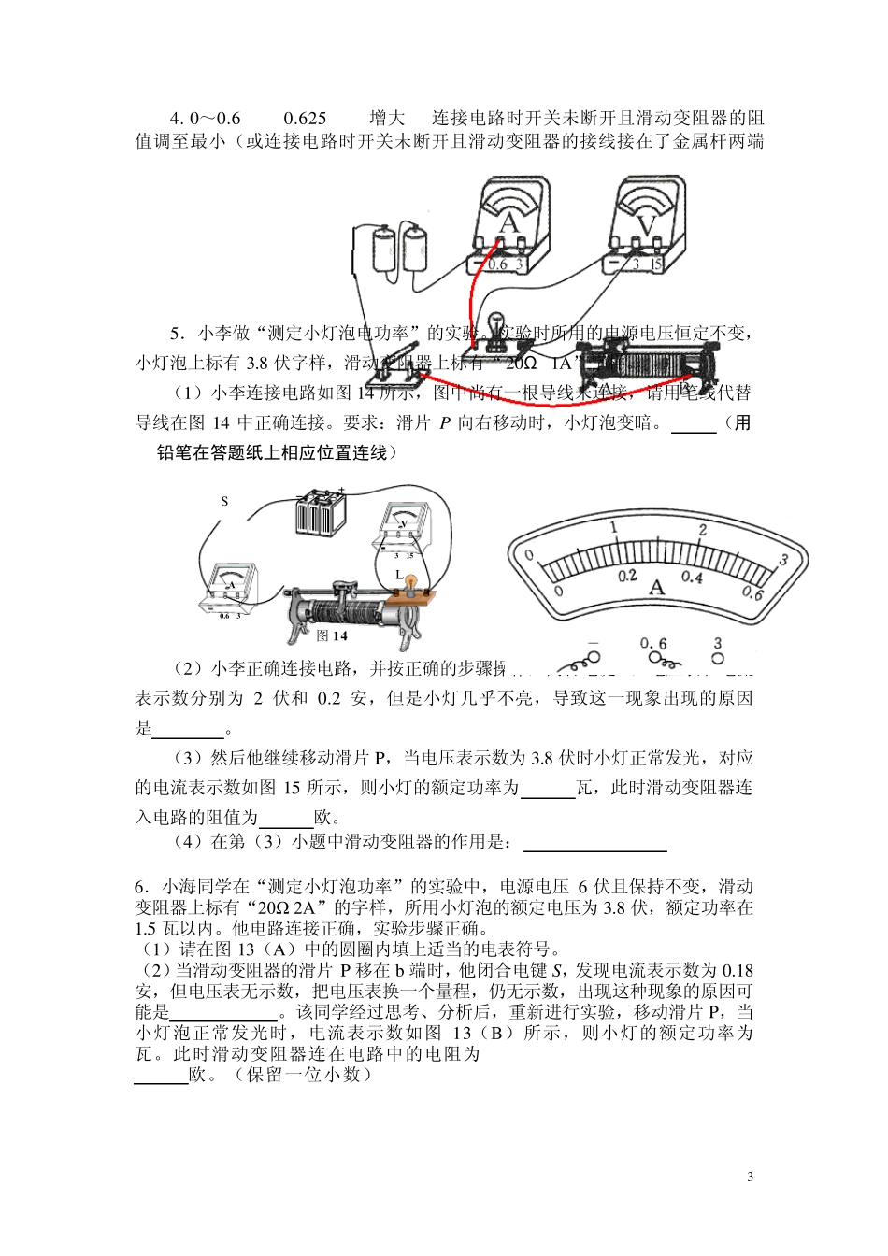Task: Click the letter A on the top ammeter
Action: tap(508, 222)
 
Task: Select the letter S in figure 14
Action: tap(224, 501)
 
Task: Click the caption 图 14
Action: tap(332, 635)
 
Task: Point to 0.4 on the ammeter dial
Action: tap(692, 578)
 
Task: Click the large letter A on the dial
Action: tap(656, 587)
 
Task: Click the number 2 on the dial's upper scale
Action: tap(703, 530)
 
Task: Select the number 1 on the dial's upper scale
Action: tap(614, 528)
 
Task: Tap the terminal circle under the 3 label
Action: tap(718, 659)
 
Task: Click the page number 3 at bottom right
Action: tap(750, 1177)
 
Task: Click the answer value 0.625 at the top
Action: tap(305, 118)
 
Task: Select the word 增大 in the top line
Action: tap(387, 118)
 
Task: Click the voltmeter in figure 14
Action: tap(403, 530)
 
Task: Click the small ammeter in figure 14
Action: tap(230, 589)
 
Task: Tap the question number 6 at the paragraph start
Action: tap(140, 887)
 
